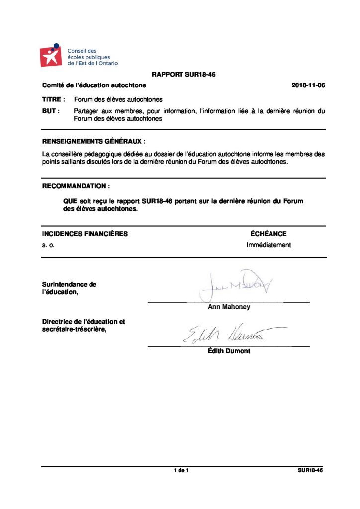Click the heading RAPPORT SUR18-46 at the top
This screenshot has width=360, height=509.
click(183, 75)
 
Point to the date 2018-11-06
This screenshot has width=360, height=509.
click(308, 85)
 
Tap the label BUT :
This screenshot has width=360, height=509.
click(51, 111)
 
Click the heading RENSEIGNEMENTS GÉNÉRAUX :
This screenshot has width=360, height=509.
click(94, 141)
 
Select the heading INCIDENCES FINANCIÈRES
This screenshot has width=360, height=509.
click(85, 234)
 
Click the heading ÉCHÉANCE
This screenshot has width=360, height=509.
click(269, 234)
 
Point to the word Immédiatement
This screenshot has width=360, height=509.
click(269, 245)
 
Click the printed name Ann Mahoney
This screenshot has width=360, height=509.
click(229, 307)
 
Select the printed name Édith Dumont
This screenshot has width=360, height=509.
click(229, 351)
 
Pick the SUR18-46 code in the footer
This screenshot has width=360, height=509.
click(307, 470)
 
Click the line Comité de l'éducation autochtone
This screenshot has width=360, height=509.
click(94, 85)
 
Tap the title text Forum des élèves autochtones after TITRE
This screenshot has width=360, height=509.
click(118, 99)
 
